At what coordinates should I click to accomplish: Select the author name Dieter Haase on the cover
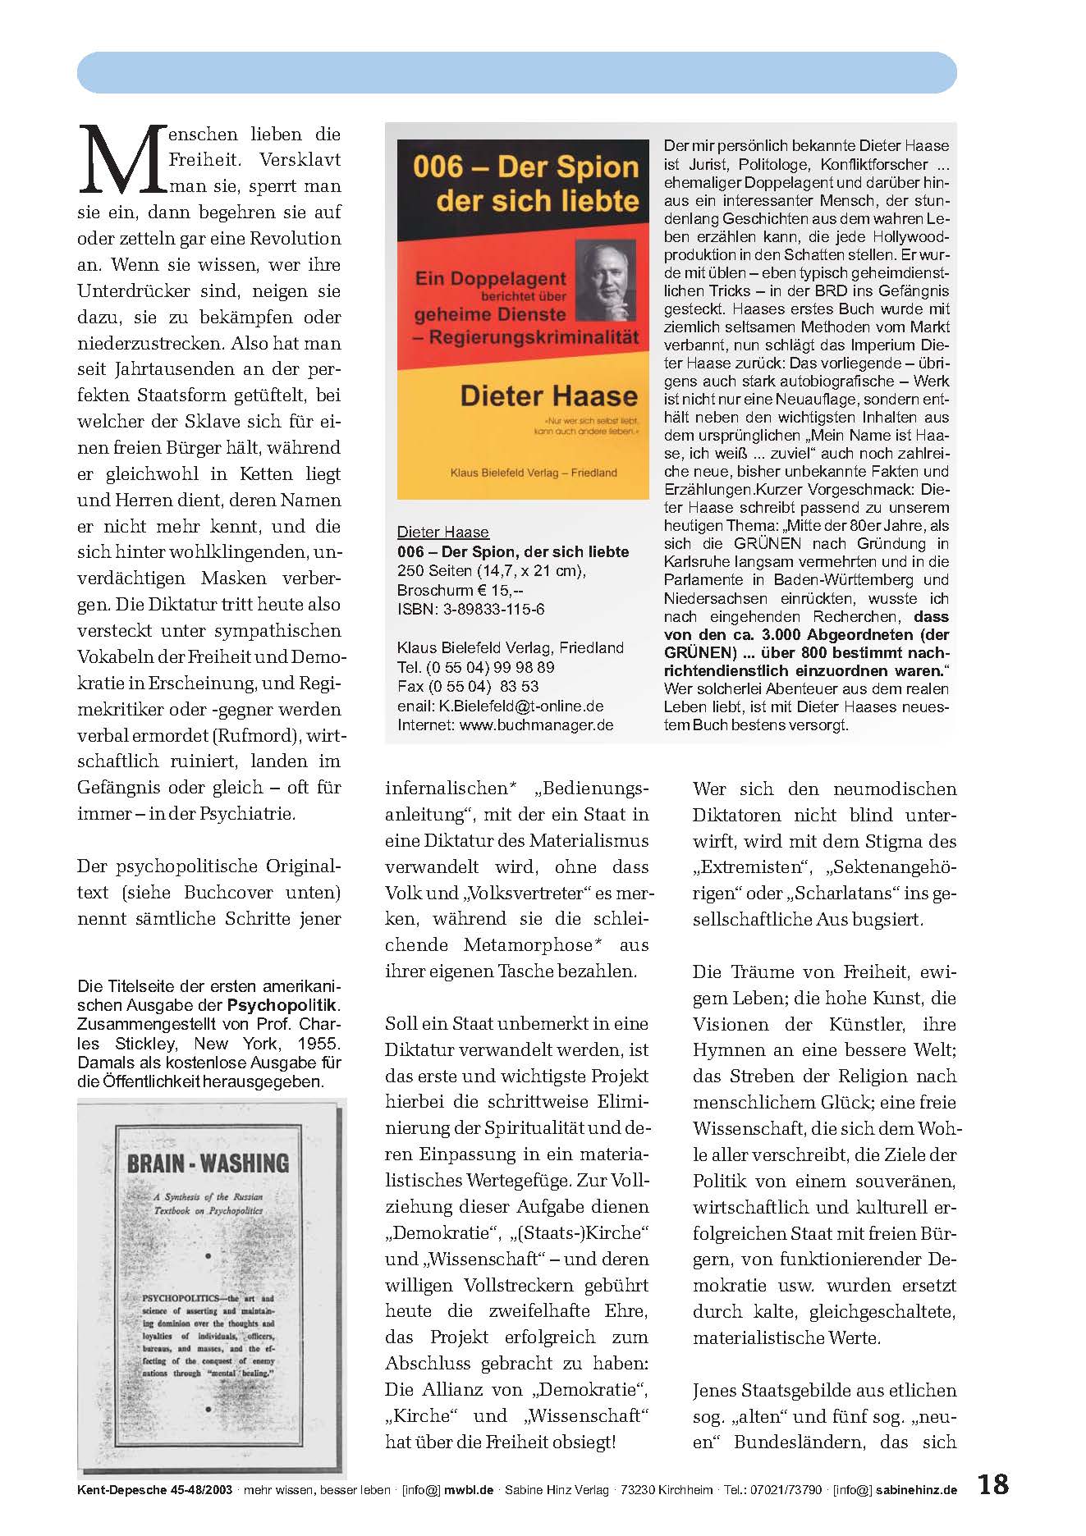tap(548, 395)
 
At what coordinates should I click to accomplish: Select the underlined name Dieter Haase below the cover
tap(442, 532)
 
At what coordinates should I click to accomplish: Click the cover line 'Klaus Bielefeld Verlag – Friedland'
tap(534, 473)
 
